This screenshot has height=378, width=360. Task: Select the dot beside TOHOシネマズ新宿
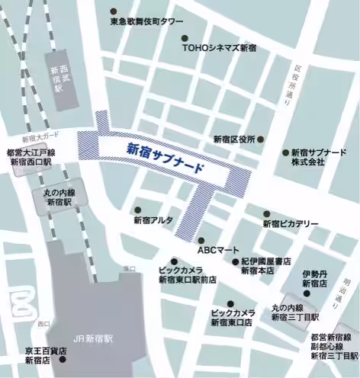point(184,37)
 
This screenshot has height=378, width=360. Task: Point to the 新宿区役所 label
point(233,139)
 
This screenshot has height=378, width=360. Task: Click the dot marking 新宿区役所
point(261,139)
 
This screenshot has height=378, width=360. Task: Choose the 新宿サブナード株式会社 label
point(319,158)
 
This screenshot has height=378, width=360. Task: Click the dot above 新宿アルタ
point(138,210)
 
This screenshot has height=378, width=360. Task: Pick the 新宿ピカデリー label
point(291,223)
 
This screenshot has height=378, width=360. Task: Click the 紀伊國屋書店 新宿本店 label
point(266,266)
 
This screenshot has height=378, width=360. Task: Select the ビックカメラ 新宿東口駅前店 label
point(187,275)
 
